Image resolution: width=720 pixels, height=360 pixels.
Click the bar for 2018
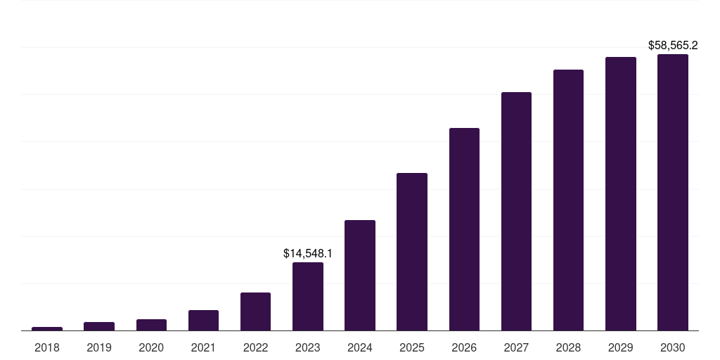pos(47,328)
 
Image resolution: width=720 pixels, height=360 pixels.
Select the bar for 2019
pos(99,326)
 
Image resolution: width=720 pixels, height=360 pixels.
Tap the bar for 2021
pos(203,321)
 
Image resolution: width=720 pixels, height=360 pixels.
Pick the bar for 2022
pos(255,311)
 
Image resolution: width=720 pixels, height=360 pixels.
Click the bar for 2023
pos(308,297)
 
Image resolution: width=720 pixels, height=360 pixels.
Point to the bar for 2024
pos(360,276)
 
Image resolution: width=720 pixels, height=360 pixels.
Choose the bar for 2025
pos(412,252)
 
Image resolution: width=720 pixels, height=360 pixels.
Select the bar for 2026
pos(464,229)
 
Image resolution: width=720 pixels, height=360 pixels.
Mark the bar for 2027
pos(516,212)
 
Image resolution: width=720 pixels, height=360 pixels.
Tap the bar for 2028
pos(568,200)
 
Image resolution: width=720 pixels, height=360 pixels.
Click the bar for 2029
pos(621,194)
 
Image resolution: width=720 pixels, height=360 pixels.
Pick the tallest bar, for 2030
pos(673,193)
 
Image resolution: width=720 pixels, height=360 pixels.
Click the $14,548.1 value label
pos(308,253)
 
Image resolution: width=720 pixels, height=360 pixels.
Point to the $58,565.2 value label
pos(673,46)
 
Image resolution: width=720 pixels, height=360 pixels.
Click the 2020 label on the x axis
pos(151,347)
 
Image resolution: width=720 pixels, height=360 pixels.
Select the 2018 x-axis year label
pos(47,347)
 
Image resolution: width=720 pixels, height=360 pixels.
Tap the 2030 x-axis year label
pos(673,347)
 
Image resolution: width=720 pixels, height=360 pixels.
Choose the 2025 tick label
pos(412,347)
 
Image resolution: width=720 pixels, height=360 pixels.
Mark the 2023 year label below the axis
pos(308,347)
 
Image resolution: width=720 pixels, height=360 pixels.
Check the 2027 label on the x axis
pos(516,347)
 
